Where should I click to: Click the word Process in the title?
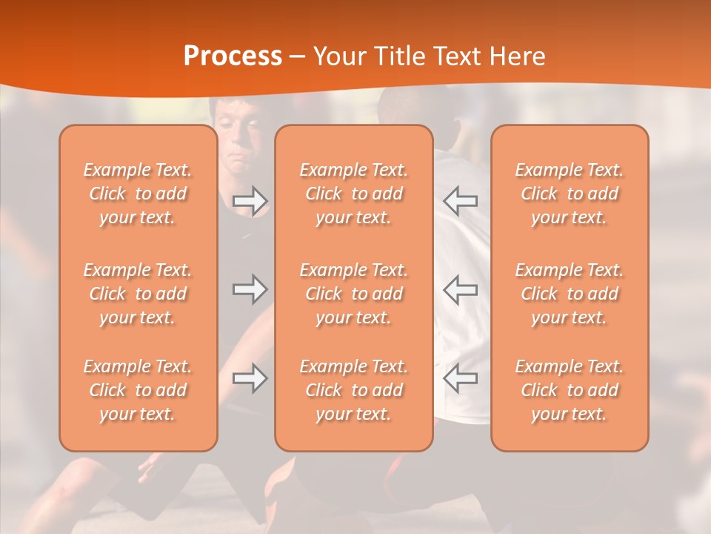point(233,56)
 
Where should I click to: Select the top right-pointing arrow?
point(250,201)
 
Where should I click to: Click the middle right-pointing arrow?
point(250,289)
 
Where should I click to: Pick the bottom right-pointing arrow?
point(250,378)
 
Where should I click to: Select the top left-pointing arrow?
point(460,201)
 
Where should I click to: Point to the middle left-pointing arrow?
point(460,289)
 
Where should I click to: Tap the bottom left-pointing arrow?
point(460,378)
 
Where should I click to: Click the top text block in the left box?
point(138,194)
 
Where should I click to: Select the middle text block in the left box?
point(138,294)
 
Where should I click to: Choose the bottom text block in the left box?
point(138,390)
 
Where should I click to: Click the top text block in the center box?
point(353,194)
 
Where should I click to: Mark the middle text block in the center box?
point(353,294)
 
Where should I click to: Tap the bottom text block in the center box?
point(353,390)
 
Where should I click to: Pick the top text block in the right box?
point(570,194)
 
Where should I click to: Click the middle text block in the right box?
point(570,294)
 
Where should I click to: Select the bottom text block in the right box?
point(570,390)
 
